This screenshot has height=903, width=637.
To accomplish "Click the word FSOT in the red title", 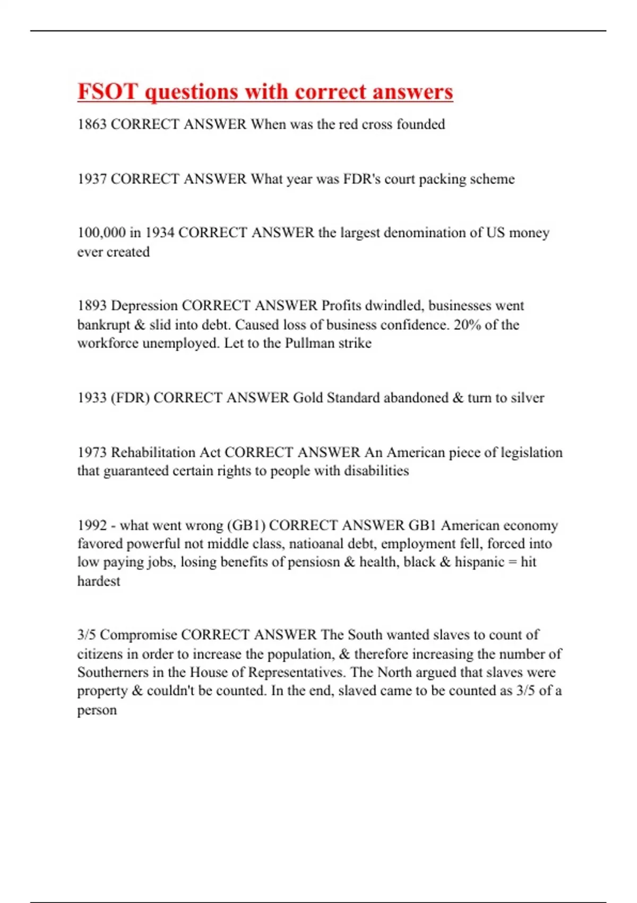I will tap(108, 91).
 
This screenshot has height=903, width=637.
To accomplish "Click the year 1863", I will tap(92, 124).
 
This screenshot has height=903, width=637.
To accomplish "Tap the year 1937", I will tap(92, 179).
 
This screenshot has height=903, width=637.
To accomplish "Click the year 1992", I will tap(92, 525).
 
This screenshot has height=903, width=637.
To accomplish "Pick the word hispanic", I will tap(479, 562).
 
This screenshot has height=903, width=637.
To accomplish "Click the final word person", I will tap(97, 710).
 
